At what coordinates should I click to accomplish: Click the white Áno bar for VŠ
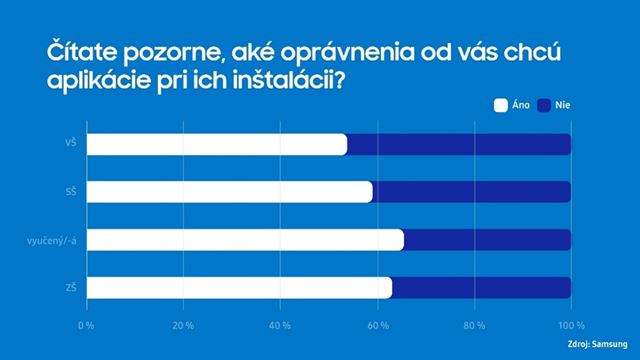[216, 144]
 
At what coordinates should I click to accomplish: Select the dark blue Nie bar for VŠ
[459, 144]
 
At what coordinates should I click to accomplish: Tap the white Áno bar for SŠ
[229, 192]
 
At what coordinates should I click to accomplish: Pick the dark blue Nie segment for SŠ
[472, 192]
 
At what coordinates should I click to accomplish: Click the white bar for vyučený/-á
[245, 240]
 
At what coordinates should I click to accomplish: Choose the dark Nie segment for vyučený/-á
[487, 240]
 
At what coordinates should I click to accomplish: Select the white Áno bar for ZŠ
[239, 288]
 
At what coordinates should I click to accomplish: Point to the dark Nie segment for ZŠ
[481, 288]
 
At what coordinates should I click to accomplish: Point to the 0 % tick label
[86, 326]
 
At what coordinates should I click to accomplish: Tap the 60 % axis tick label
[377, 326]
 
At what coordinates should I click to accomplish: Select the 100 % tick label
[570, 326]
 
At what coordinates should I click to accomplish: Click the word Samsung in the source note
[612, 346]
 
